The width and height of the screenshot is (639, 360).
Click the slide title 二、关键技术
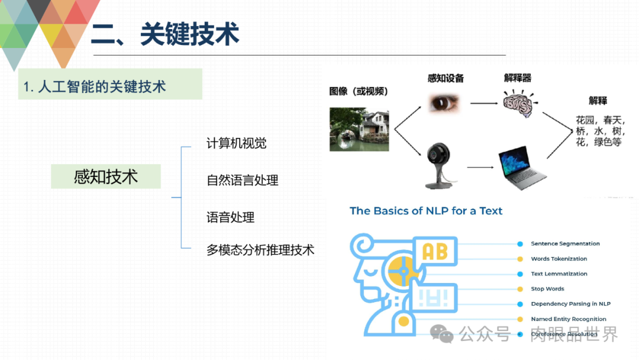click(x=165, y=35)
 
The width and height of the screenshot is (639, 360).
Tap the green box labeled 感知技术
click(x=106, y=176)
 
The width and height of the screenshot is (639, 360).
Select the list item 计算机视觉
click(x=236, y=143)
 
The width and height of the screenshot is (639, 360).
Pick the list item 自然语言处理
click(x=242, y=180)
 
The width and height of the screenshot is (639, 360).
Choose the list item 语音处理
click(x=230, y=217)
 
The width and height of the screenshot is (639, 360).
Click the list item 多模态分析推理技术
click(x=260, y=250)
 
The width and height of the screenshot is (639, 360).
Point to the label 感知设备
click(x=446, y=78)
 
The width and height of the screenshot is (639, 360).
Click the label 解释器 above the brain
click(x=518, y=78)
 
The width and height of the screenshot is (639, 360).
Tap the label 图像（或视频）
click(x=359, y=91)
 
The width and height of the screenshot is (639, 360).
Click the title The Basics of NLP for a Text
click(x=426, y=211)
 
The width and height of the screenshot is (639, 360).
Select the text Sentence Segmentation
click(x=565, y=243)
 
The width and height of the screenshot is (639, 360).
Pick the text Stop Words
click(x=547, y=289)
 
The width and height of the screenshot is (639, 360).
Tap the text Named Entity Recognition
click(x=568, y=319)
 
